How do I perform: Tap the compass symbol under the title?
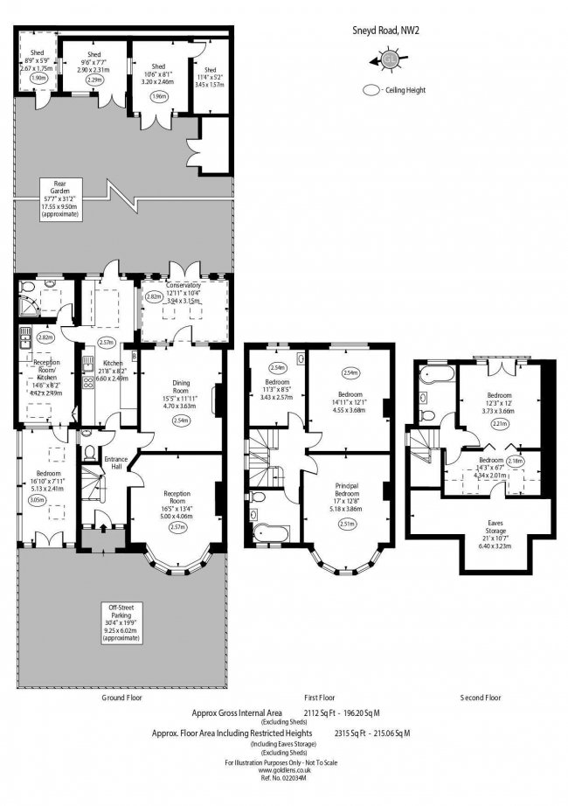(x=388, y=59)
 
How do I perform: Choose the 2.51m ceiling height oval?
(x=347, y=525)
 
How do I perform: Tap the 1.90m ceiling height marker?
(x=38, y=79)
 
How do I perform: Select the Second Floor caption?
(x=481, y=698)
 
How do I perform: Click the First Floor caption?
(x=320, y=698)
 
